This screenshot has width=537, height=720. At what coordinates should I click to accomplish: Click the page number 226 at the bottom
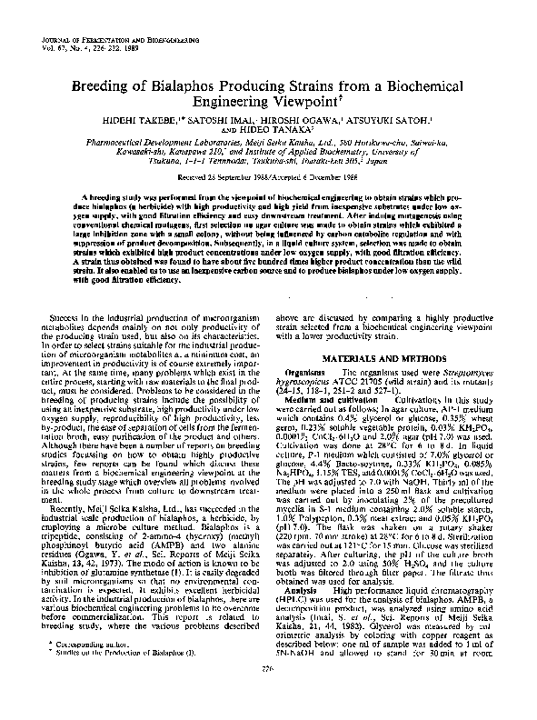[x=269, y=696]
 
